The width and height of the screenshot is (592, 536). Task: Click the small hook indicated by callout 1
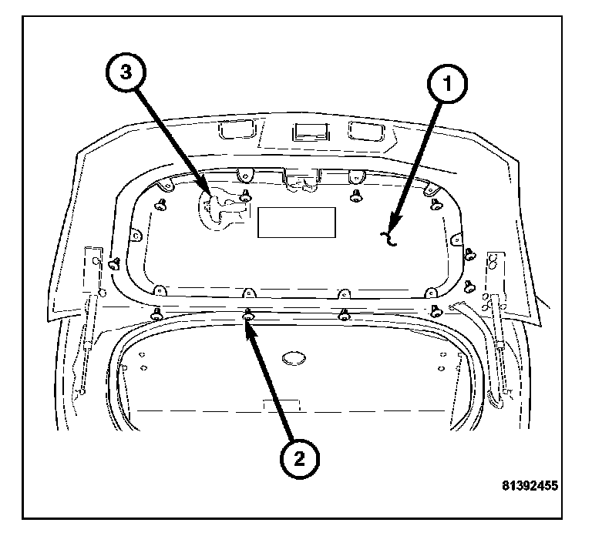pos(391,240)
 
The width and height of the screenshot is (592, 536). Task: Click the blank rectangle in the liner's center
pos(297,222)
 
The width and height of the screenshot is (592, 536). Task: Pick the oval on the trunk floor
pos(294,358)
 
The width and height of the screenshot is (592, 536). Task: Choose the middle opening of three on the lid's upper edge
pos(311,132)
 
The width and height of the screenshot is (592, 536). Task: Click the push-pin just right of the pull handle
pos(246,195)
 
